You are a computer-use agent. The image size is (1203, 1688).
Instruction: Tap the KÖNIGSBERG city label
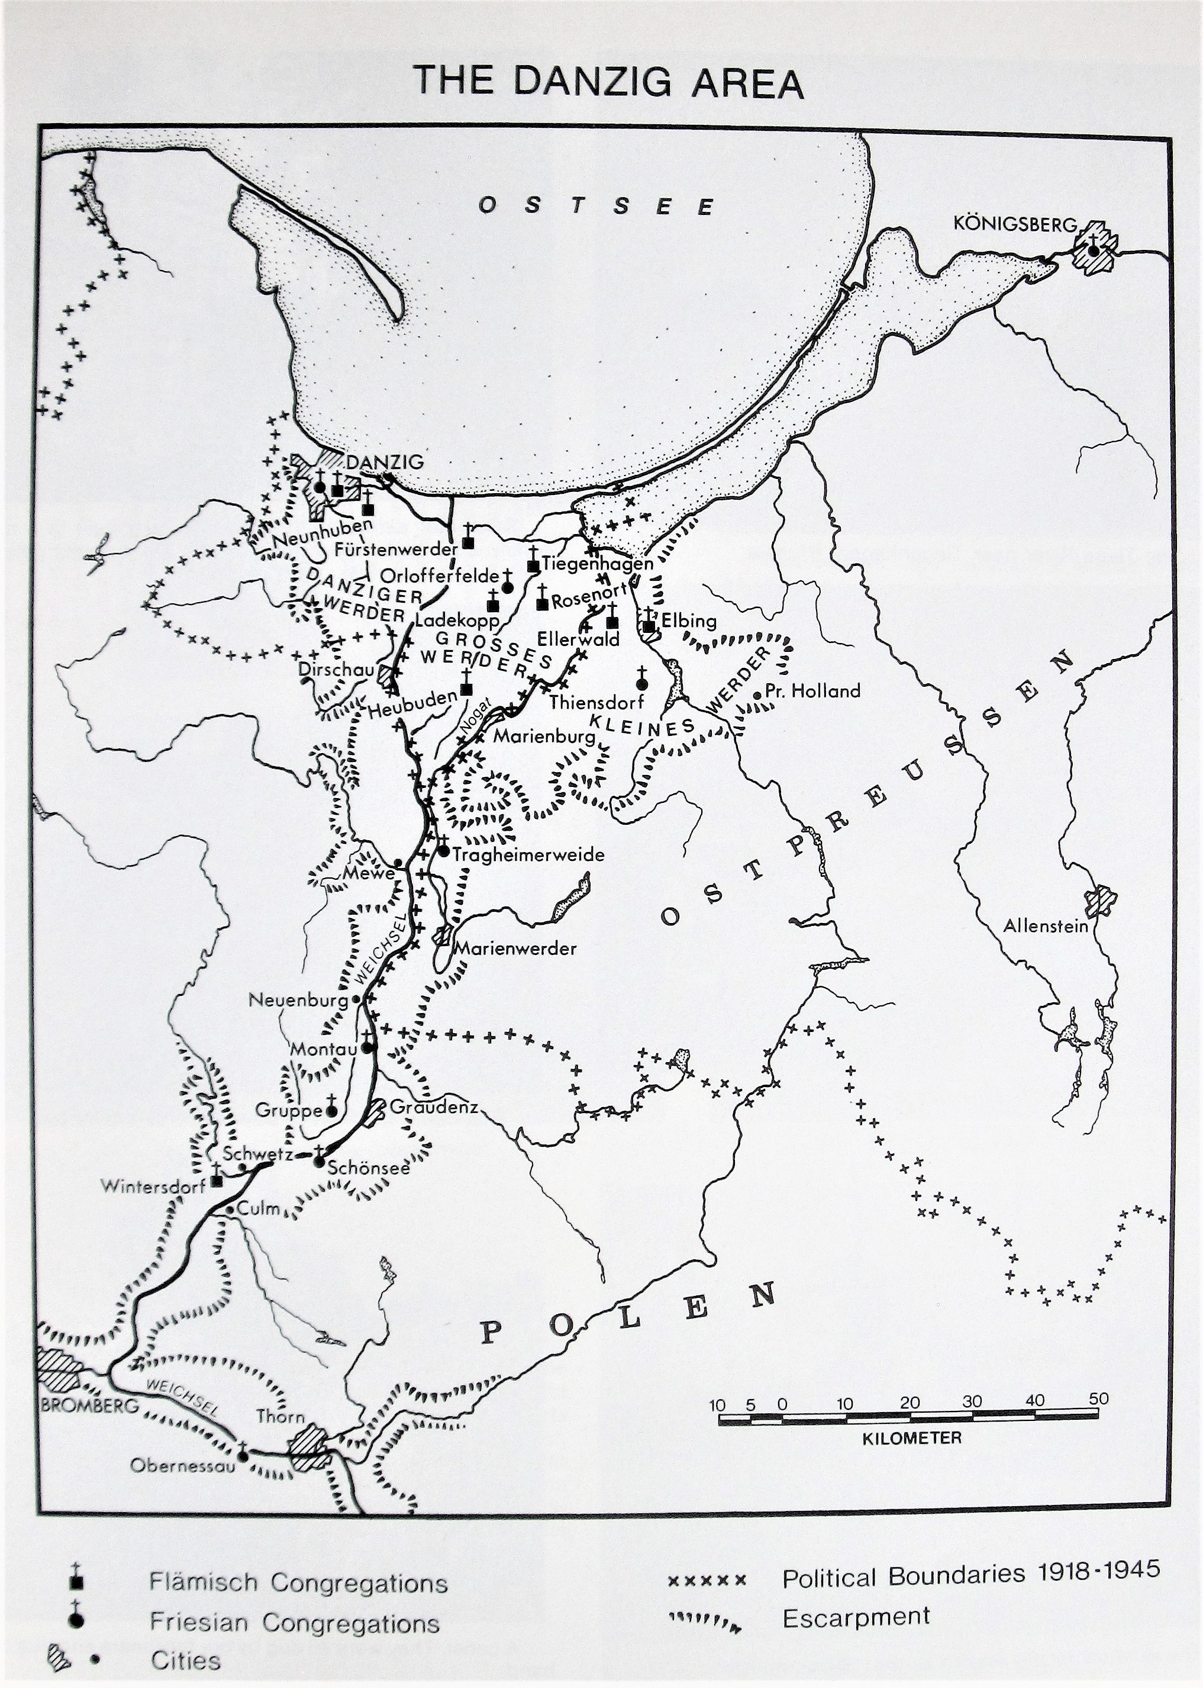click(x=1014, y=223)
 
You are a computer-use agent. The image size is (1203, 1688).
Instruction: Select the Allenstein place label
click(x=1045, y=925)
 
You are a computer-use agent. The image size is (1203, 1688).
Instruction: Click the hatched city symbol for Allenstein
click(x=1101, y=901)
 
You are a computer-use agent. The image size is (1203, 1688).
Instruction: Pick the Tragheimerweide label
click(x=528, y=854)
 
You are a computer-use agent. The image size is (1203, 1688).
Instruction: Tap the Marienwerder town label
click(x=515, y=948)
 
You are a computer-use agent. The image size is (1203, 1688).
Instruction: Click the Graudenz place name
click(x=433, y=1107)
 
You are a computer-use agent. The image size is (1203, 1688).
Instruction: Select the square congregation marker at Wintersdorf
click(x=217, y=1181)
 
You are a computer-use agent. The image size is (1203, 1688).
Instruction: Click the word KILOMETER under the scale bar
click(x=911, y=1438)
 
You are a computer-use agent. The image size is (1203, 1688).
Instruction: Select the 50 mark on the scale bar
click(x=1098, y=1398)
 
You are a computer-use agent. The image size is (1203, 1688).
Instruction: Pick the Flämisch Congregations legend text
click(x=298, y=1582)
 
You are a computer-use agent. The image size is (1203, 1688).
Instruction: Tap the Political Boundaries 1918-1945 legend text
click(x=970, y=1574)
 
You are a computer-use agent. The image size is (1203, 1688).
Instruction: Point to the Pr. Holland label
click(x=812, y=690)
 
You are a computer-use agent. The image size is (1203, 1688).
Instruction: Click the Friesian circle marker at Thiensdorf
click(x=642, y=683)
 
